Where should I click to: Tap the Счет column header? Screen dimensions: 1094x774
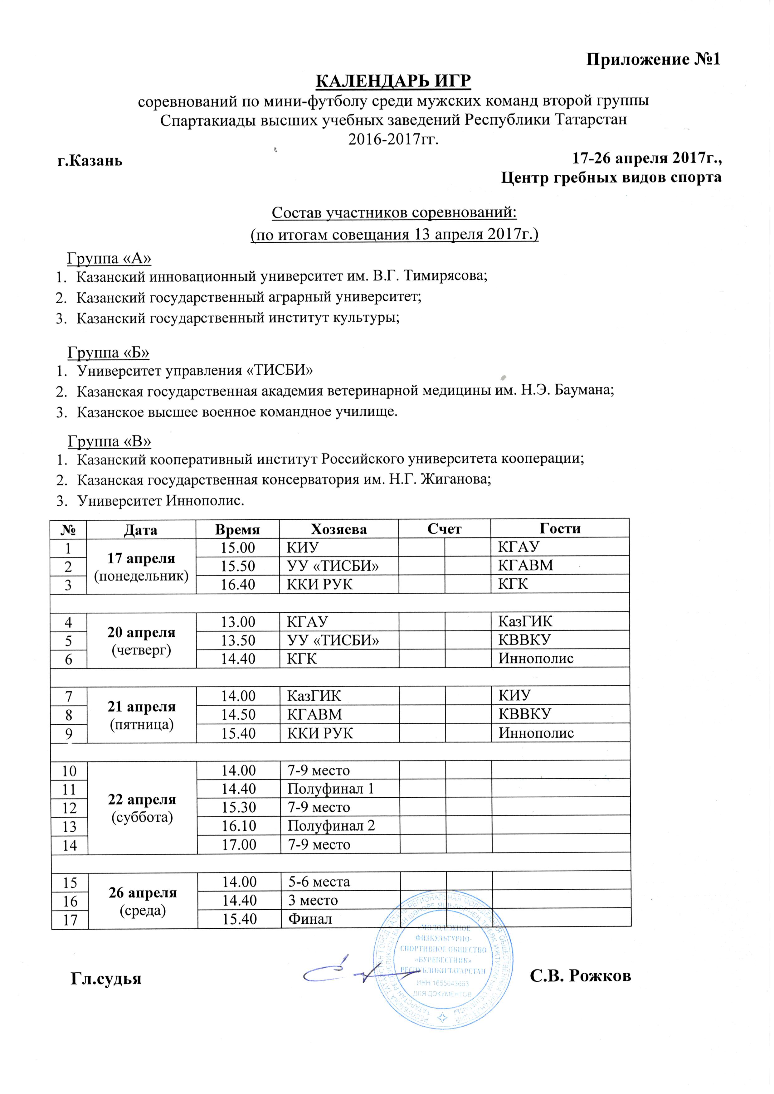coord(444,529)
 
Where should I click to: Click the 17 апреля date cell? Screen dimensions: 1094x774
coord(141,566)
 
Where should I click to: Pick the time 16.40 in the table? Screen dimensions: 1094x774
coord(237,584)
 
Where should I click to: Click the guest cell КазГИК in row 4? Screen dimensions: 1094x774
coord(525,621)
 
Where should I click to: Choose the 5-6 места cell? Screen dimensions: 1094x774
coord(319,882)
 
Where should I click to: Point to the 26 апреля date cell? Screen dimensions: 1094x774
coord(143,901)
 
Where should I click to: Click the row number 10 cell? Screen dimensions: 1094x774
coord(69,771)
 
